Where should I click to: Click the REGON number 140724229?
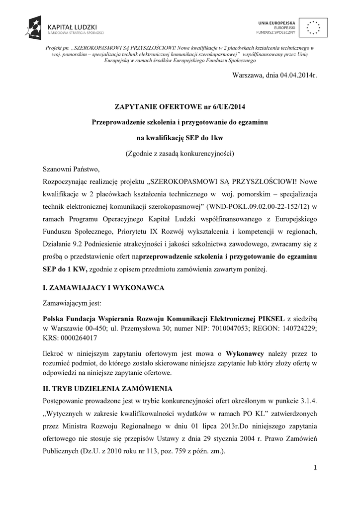tap(299, 328)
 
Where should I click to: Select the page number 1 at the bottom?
tap(315, 467)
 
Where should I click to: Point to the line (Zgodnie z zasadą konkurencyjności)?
tap(180, 153)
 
